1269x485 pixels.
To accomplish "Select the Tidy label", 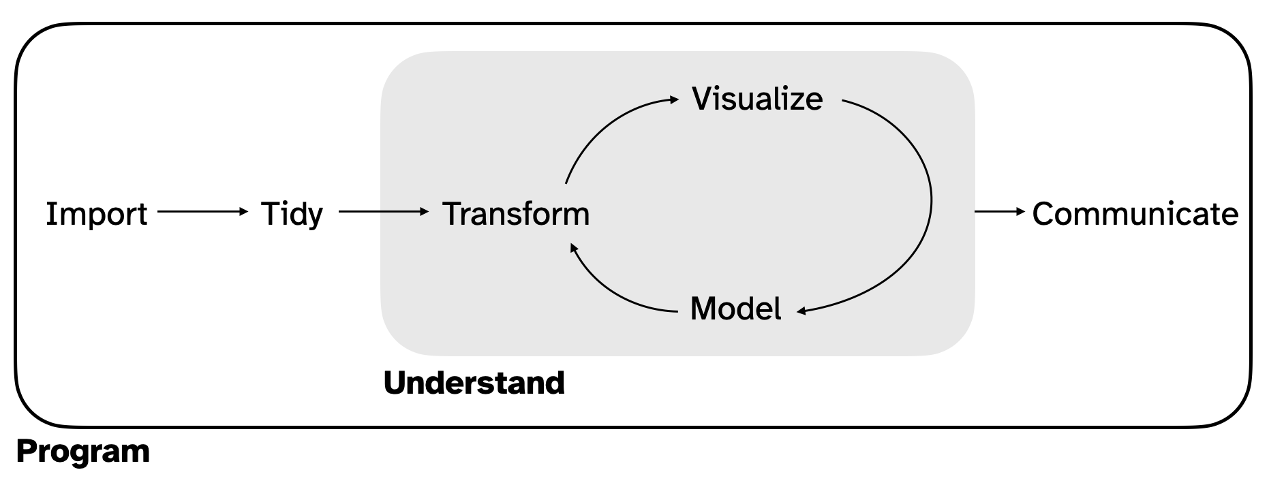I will click(x=292, y=214).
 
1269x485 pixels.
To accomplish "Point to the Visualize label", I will click(x=757, y=99).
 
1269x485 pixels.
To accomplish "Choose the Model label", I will click(x=735, y=309).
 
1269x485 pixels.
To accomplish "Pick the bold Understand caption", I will click(x=474, y=383).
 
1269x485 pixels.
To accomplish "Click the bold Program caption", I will click(x=82, y=452).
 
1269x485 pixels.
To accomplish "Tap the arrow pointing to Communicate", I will click(x=999, y=212).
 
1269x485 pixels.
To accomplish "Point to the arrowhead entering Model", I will click(x=801, y=311).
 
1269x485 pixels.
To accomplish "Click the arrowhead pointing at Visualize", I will click(x=675, y=99).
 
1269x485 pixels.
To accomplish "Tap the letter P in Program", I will click(x=26, y=452).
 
